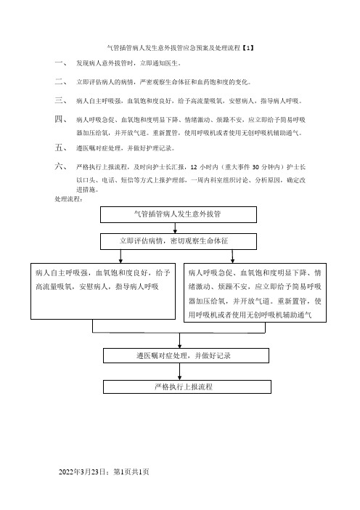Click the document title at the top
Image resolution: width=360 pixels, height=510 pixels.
point(180,48)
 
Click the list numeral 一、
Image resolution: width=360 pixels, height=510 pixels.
point(61,62)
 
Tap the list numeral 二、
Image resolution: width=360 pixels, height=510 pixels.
point(61,81)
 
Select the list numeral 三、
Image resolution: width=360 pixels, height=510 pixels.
point(61,100)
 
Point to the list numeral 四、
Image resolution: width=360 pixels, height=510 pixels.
point(61,119)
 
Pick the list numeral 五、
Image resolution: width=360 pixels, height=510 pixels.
point(61,148)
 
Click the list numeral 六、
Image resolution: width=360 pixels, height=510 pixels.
point(61,167)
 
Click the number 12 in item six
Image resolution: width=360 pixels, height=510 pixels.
point(194,167)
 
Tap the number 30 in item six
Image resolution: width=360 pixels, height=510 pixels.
point(255,167)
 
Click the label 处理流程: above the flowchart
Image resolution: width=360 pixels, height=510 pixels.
point(68,199)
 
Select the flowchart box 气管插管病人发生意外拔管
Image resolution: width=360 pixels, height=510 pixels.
point(179,214)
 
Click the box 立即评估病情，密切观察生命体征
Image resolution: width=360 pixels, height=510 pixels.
point(179,241)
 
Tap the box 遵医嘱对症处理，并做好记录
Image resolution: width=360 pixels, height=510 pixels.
point(186,355)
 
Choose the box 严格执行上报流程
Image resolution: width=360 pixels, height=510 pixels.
point(187,386)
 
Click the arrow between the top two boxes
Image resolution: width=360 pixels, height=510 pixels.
point(175,228)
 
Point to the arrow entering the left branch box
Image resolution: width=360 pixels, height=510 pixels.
point(120,256)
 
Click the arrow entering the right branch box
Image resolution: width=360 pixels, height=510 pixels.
point(232,256)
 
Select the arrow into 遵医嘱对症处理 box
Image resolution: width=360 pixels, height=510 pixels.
point(180,340)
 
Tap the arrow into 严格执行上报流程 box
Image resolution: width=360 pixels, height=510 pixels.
point(180,371)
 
